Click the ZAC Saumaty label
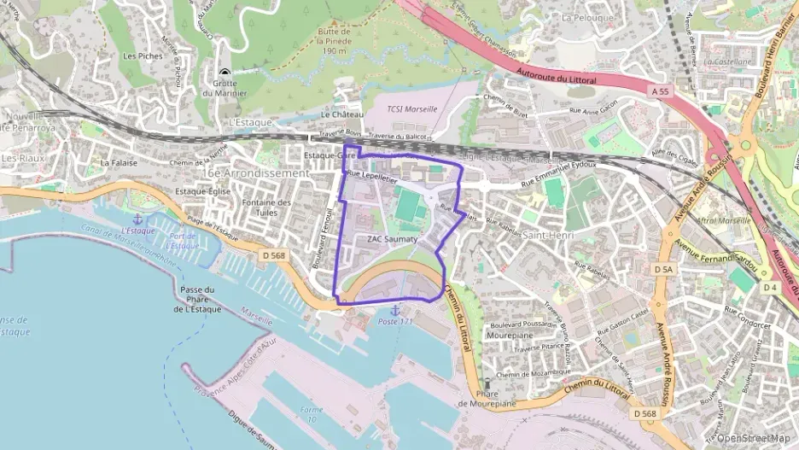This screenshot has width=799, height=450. (392, 240)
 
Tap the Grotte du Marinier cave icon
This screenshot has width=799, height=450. (225, 74)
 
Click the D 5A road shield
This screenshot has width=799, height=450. (663, 270)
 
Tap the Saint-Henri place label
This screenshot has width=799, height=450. (547, 234)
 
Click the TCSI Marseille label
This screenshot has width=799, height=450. (411, 109)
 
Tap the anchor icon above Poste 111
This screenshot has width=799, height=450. (394, 310)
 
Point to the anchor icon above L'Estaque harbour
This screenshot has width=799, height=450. (137, 220)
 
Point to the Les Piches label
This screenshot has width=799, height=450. (143, 56)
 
